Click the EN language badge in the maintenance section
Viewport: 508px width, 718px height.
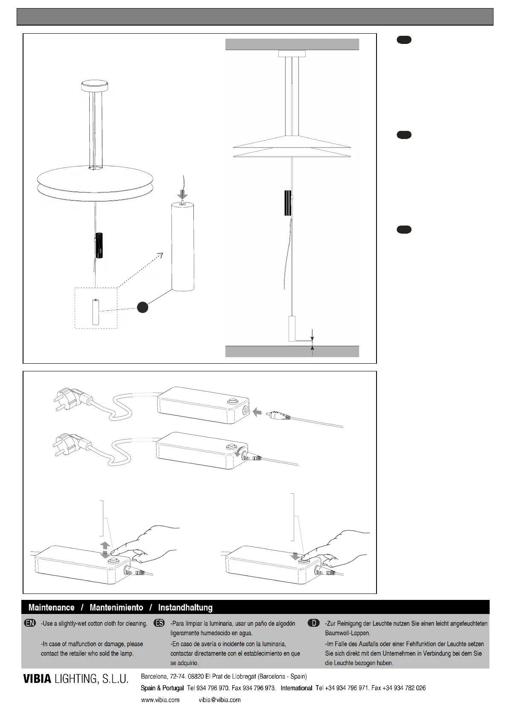pos(30,623)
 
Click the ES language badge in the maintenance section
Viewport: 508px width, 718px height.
pos(159,623)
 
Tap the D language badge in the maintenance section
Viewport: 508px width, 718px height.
pos(313,623)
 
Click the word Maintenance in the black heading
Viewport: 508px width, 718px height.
pos(51,608)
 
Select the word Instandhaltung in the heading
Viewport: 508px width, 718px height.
pos(185,608)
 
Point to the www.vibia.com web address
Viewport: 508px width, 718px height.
pos(160,700)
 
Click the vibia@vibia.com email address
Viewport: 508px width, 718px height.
pos(219,700)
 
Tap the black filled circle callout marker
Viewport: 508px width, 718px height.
pos(143,307)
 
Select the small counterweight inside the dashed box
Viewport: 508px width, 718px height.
pos(96,312)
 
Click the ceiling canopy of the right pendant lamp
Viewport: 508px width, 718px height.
pos(292,54)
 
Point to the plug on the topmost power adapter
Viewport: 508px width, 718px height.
pos(68,398)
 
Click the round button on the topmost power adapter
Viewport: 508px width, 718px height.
pos(233,401)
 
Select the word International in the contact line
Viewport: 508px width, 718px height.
pos(296,688)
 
